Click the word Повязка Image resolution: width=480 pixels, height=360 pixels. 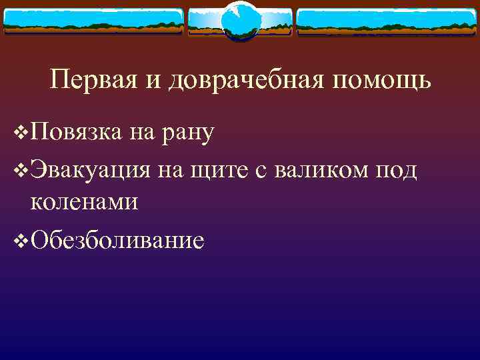coord(75,133)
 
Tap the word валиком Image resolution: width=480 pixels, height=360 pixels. coord(318,169)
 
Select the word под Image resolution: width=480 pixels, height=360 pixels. coord(398,169)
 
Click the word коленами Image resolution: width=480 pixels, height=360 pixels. coord(84,201)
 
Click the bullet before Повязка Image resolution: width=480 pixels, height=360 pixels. coord(21,133)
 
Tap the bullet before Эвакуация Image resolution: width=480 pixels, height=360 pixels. coord(21,170)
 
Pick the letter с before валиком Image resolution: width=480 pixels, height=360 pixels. coord(261,171)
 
